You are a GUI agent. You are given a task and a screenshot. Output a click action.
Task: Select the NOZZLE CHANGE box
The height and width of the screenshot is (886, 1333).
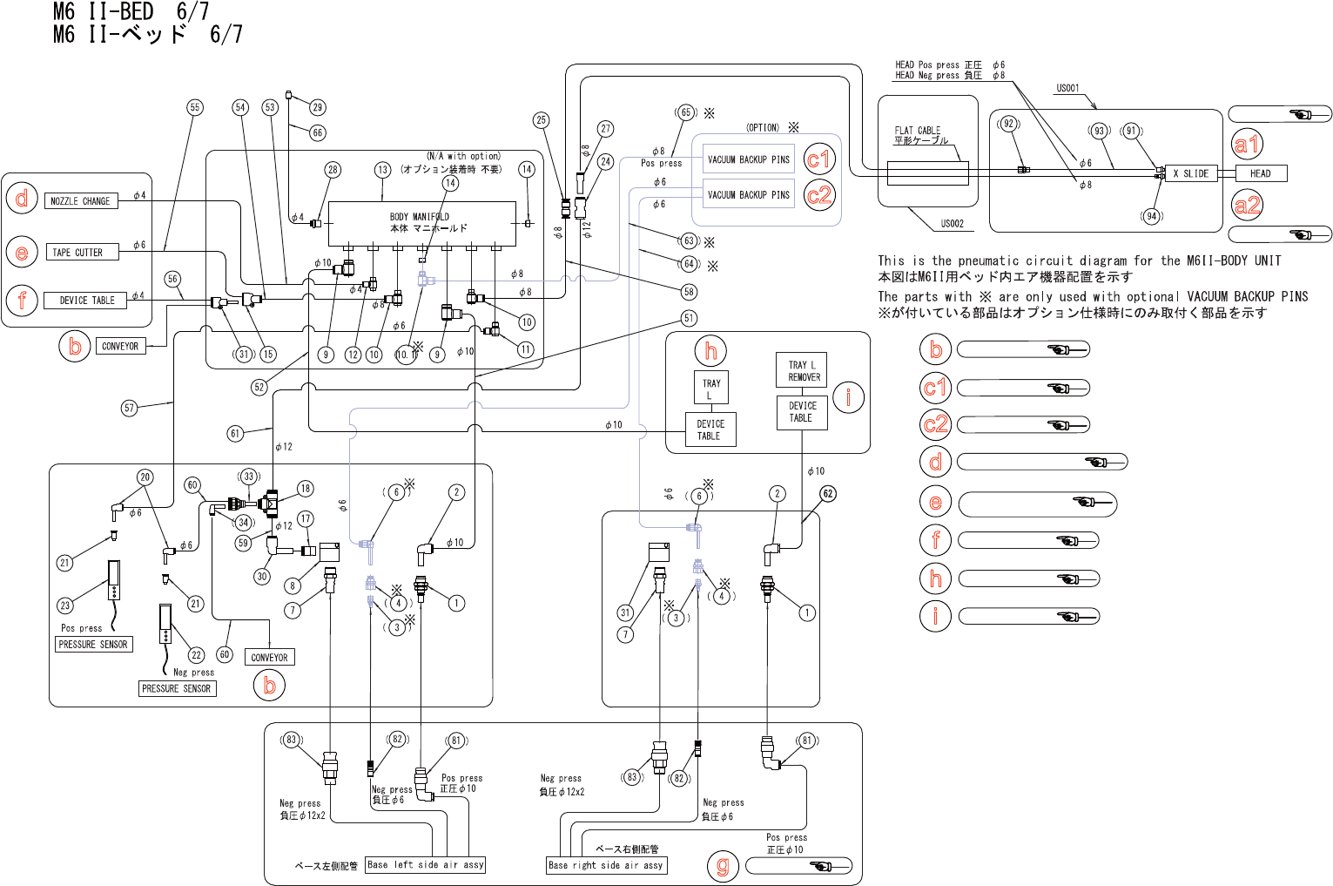pyautogui.click(x=81, y=201)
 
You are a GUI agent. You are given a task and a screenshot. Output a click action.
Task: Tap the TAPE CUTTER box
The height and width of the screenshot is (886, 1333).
pyautogui.click(x=77, y=253)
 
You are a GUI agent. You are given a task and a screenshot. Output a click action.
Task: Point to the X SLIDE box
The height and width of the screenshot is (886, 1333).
pyautogui.click(x=1190, y=173)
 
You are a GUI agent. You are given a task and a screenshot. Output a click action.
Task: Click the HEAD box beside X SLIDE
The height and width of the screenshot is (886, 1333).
pyautogui.click(x=1260, y=173)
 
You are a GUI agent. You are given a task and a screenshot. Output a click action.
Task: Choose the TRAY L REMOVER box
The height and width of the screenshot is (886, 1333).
pyautogui.click(x=801, y=370)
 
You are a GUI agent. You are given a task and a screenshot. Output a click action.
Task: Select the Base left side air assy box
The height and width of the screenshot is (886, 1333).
pyautogui.click(x=425, y=865)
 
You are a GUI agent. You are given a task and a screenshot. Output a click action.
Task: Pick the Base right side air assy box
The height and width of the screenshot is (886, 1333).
pyautogui.click(x=606, y=865)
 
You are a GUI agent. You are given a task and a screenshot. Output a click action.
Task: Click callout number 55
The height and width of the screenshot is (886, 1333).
pyautogui.click(x=195, y=107)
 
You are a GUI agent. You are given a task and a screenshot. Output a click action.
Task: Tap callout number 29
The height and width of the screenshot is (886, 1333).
pyautogui.click(x=317, y=107)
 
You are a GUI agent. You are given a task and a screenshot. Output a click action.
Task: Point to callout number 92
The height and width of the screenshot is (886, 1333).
pyautogui.click(x=1008, y=124)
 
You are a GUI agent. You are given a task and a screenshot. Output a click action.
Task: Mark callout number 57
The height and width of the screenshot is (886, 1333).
pyautogui.click(x=130, y=408)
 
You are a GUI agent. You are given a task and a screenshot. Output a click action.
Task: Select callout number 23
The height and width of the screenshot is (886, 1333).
pyautogui.click(x=65, y=605)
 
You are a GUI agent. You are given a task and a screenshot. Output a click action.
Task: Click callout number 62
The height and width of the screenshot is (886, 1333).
pyautogui.click(x=828, y=494)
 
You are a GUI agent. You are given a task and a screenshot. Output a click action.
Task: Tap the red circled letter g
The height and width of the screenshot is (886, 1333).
pyautogui.click(x=723, y=865)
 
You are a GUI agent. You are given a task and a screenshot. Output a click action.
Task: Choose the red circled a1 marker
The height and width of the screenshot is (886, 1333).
pyautogui.click(x=1247, y=144)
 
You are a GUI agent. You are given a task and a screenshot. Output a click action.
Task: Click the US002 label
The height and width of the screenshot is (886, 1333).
pyautogui.click(x=952, y=224)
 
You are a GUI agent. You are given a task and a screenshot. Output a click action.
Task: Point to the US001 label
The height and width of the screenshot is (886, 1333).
pyautogui.click(x=1067, y=88)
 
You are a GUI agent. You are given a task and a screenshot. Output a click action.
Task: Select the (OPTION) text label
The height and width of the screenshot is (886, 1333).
pyautogui.click(x=763, y=127)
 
